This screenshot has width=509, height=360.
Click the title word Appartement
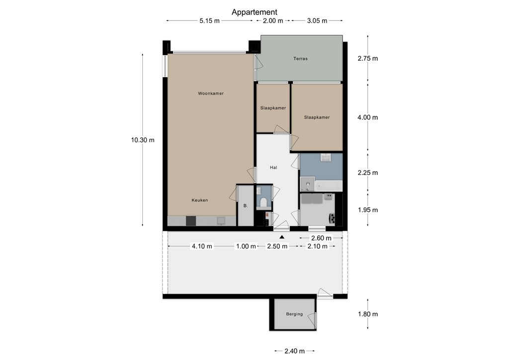254,12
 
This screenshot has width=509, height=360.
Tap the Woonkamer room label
210,93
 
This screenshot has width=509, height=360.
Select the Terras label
300,59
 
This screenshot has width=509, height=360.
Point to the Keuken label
200,200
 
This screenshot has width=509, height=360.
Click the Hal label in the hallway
273,168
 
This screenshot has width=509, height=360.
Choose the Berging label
294,314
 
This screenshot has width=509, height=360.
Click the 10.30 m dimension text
143,140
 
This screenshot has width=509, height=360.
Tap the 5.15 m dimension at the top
209,21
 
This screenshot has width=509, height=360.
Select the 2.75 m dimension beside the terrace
367,58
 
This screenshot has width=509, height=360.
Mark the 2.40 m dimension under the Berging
294,352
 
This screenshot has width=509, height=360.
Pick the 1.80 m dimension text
367,314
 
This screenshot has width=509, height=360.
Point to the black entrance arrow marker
282,237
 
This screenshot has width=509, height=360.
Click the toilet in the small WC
263,202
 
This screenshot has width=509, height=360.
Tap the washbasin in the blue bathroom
326,158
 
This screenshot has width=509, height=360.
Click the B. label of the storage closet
245,206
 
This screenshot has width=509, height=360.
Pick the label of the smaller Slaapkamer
273,108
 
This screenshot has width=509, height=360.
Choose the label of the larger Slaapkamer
317,117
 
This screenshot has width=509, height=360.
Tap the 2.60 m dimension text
322,238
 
